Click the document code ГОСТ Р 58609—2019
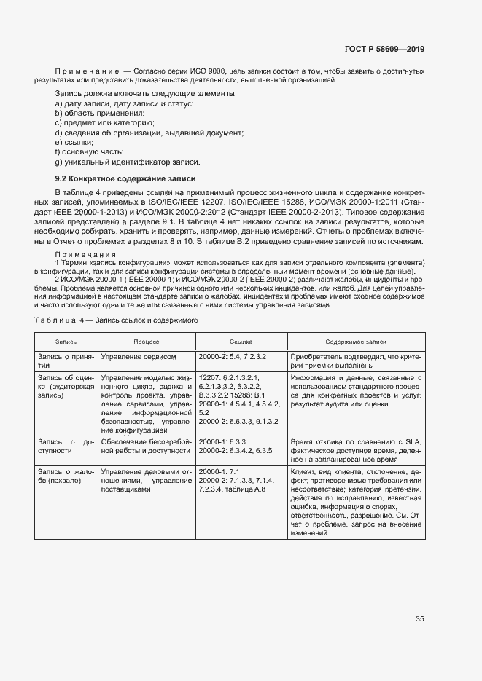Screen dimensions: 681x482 point(384,50)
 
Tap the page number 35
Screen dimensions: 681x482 point(420,620)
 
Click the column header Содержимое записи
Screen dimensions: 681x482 point(357,341)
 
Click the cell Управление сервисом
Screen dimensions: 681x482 point(139,357)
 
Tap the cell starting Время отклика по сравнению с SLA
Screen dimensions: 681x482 point(357,451)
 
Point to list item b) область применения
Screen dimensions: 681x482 point(99,114)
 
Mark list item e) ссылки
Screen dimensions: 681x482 point(74,142)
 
